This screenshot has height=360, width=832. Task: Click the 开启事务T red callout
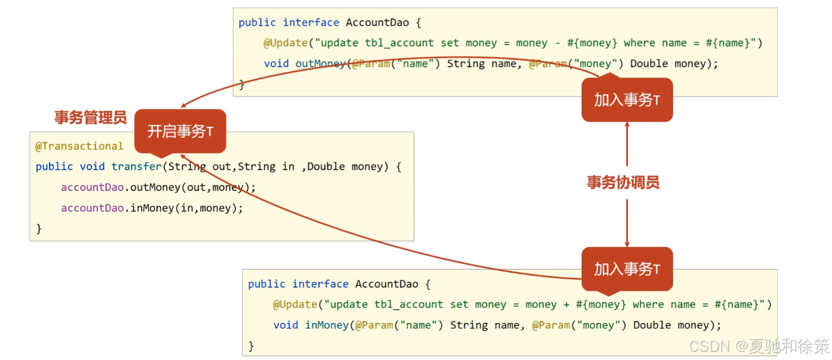[180, 131]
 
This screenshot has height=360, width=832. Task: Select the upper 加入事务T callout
[627, 100]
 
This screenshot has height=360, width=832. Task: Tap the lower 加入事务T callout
[627, 269]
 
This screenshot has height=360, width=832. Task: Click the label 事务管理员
[90, 117]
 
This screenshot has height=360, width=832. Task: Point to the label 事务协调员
[622, 183]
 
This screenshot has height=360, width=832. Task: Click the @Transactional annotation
[79, 146]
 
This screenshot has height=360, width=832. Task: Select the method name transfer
[136, 167]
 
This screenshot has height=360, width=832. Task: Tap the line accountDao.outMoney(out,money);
[158, 188]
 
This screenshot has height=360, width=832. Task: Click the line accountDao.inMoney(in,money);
[151, 208]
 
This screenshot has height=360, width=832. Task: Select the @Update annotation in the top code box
[287, 43]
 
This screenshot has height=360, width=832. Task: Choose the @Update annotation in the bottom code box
[297, 304]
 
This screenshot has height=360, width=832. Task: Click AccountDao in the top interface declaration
[377, 23]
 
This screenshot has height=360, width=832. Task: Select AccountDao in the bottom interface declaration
[387, 284]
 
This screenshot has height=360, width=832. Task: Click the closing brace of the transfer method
[39, 229]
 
